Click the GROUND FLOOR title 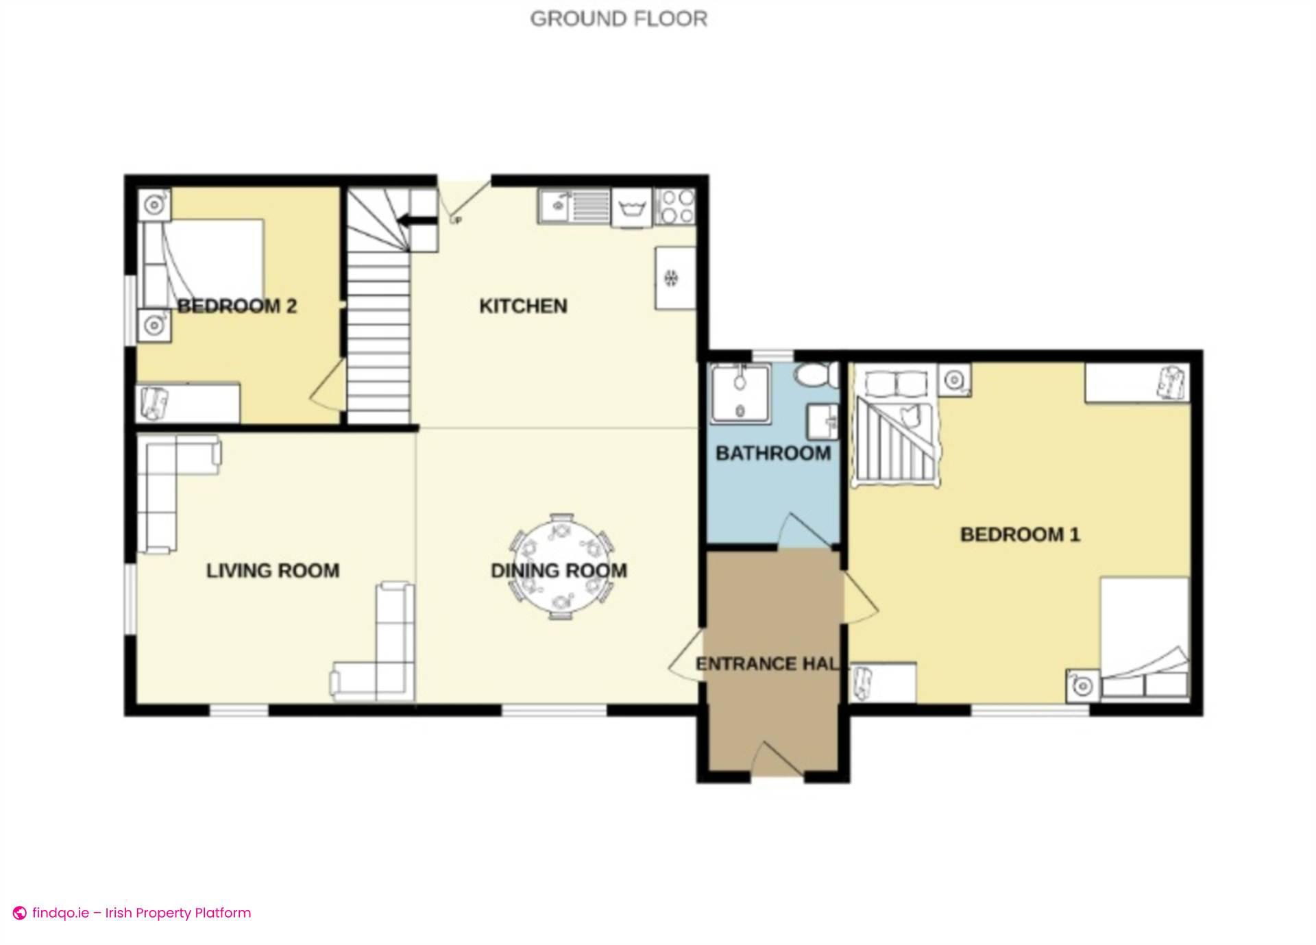(618, 19)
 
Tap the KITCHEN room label (523, 306)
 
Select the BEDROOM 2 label (237, 306)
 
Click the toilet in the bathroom (815, 375)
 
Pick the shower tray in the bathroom (740, 393)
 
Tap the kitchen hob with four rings (677, 207)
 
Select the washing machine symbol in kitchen (631, 207)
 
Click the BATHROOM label (772, 453)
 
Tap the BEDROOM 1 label (1019, 535)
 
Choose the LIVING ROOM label (273, 570)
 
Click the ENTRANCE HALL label (767, 663)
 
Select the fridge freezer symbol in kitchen (674, 278)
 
